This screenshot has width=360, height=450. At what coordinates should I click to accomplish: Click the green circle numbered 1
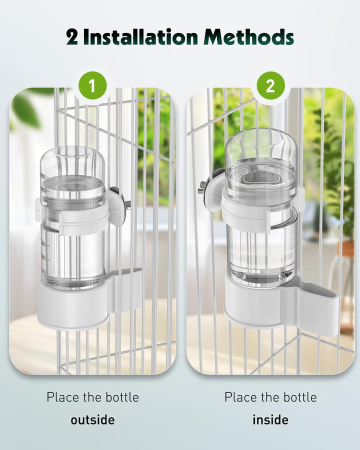click(91, 86)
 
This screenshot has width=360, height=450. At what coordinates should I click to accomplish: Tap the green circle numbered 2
click(270, 86)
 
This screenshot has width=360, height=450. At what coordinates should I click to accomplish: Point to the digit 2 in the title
click(72, 37)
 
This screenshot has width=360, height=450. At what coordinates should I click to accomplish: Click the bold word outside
click(92, 419)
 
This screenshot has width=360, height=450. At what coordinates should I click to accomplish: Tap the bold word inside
click(270, 419)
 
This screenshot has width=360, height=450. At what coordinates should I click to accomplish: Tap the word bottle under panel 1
click(120, 397)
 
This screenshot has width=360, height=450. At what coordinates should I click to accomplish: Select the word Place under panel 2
click(239, 397)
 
